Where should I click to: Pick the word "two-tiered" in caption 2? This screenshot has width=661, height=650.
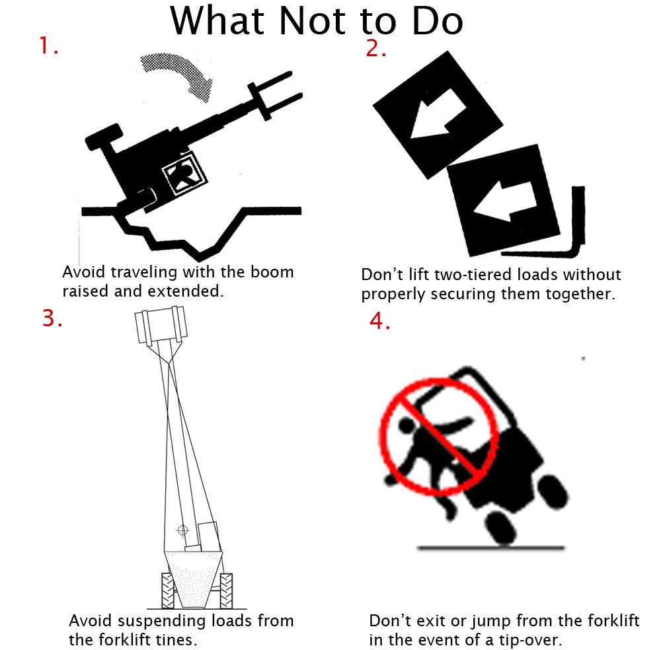pos(471,275)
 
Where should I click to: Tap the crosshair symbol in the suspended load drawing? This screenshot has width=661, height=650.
pos(183,529)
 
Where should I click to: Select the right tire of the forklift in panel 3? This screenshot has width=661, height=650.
pos(225,589)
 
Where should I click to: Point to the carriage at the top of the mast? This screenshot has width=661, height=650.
pos(158,325)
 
